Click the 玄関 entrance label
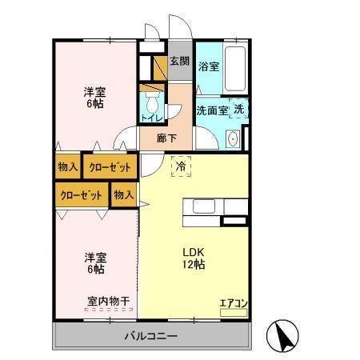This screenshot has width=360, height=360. coord(180,62)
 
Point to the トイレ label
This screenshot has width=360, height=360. coord(151,118)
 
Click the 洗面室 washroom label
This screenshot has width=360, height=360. coord(213,111)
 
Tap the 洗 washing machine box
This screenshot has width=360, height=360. coord(240,111)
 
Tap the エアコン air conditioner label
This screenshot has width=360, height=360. coord(233,303)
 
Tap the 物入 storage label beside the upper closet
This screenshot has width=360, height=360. coord(68,168)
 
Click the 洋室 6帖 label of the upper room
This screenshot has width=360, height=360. coord(96,97)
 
